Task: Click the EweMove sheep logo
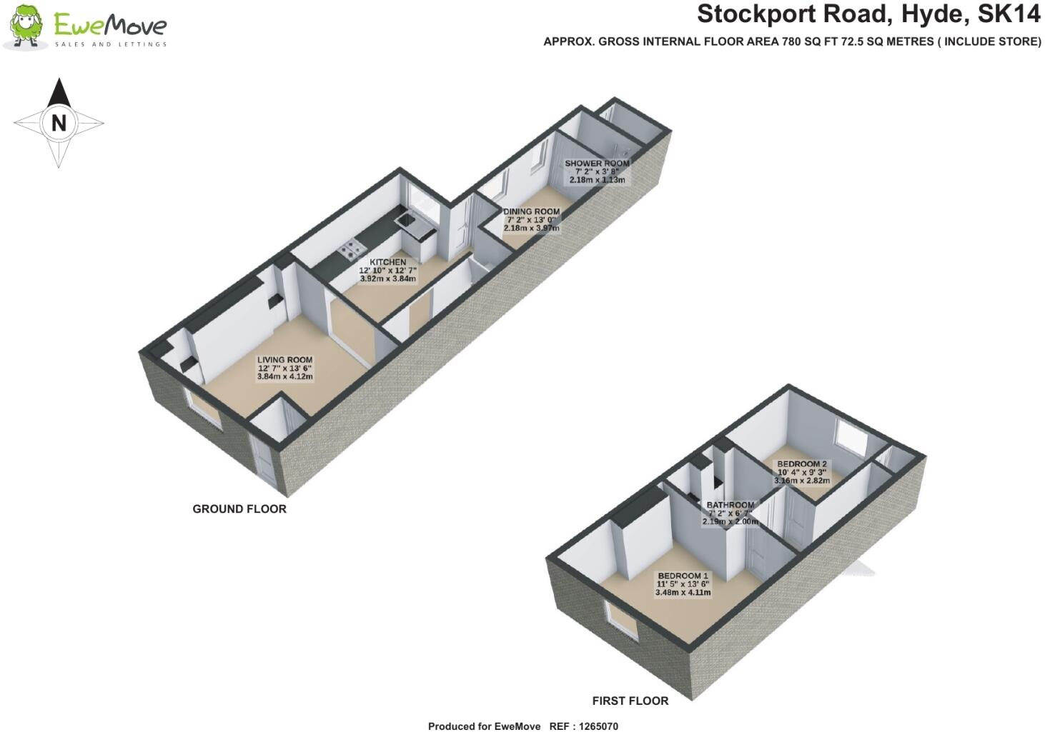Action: tap(26, 27)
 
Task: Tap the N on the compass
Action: tap(59, 123)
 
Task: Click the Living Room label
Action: tap(284, 360)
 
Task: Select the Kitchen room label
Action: tap(387, 262)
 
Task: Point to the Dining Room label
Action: tap(531, 211)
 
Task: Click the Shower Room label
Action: tap(597, 163)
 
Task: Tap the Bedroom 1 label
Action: tap(683, 576)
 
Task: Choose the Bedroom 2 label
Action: tap(802, 463)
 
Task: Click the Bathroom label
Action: tap(730, 505)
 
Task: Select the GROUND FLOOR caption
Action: tap(239, 509)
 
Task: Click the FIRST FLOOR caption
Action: tap(630, 701)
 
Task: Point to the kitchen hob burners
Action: tap(351, 249)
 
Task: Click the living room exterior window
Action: tap(204, 413)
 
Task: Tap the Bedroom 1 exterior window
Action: tap(621, 619)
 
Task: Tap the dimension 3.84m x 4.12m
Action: tap(284, 376)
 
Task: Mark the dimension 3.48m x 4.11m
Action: tap(683, 592)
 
